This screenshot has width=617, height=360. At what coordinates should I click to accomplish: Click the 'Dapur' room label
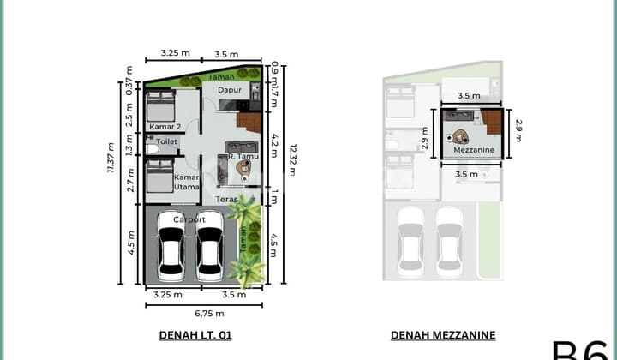click(x=228, y=88)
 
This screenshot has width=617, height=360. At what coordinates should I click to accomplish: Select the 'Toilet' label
click(x=167, y=141)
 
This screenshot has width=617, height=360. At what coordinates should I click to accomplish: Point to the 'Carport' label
click(x=189, y=219)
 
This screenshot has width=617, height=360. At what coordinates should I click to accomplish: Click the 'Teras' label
click(x=226, y=199)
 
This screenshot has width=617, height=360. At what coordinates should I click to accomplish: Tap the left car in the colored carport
click(x=171, y=255)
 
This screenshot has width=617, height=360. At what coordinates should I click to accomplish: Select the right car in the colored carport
click(x=210, y=255)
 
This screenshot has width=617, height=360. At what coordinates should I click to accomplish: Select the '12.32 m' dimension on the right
click(x=291, y=159)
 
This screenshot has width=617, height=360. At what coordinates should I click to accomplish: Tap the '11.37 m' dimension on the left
click(x=110, y=158)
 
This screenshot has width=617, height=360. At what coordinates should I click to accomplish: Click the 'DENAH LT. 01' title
click(x=195, y=335)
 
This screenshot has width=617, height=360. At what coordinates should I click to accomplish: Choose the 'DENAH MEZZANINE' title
click(x=443, y=335)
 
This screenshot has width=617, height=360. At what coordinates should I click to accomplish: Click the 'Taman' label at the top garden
click(x=197, y=77)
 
